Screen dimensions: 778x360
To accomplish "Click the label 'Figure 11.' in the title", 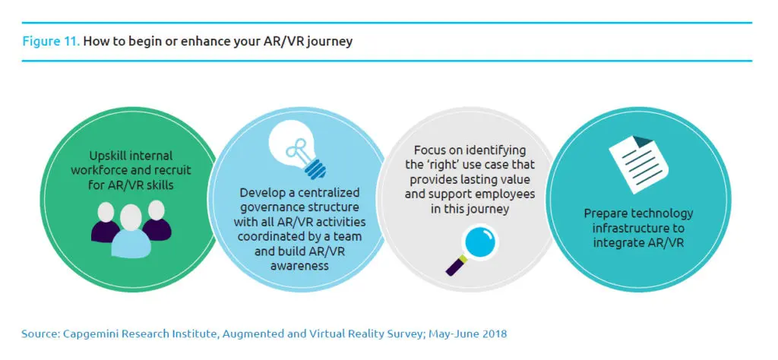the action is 51,41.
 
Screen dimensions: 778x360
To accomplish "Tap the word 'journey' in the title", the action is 330,42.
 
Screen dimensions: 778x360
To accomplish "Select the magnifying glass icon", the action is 471,249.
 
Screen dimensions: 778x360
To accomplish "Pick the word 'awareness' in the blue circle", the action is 299,266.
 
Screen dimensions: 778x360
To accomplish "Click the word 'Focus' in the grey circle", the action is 430,150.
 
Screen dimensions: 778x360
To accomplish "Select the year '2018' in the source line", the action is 495,333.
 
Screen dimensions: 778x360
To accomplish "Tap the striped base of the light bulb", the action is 314,168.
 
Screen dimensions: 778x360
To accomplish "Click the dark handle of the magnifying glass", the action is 454,266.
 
